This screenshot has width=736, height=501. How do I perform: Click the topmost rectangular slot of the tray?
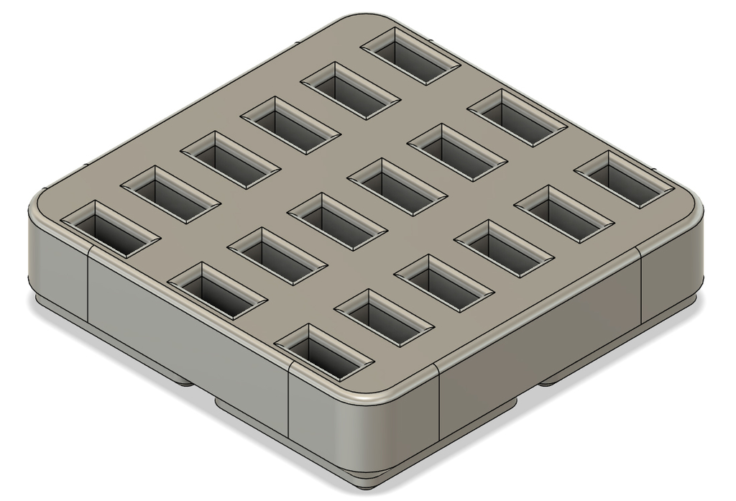tap(410, 56)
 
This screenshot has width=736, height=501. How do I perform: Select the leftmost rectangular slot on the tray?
tap(110, 229)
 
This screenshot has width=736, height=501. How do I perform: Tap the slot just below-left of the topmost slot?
tap(350, 91)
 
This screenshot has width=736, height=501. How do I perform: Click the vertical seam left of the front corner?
tap(288, 403)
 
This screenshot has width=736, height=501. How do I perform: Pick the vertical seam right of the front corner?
tap(439, 403)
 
